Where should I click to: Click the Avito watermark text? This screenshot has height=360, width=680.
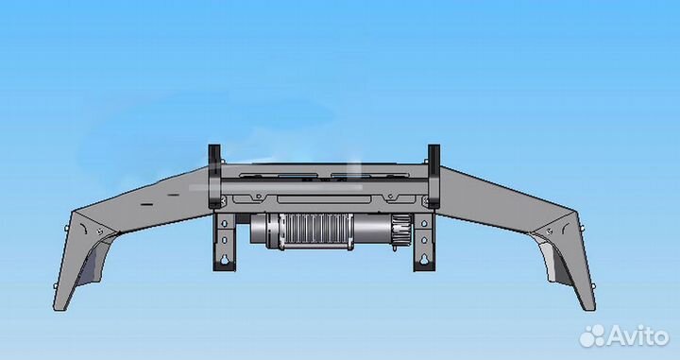[638, 336]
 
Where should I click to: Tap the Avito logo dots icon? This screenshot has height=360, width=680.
[592, 335]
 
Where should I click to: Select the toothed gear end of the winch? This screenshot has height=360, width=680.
[401, 229]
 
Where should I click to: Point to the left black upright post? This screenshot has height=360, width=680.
[214, 176]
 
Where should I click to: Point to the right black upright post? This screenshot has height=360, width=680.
[433, 176]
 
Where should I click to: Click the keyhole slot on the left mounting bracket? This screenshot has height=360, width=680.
[224, 259]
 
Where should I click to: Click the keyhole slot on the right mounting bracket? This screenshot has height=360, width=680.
[424, 259]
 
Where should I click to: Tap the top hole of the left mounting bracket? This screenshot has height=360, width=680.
[224, 223]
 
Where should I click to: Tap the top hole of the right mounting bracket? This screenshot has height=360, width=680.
[424, 223]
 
